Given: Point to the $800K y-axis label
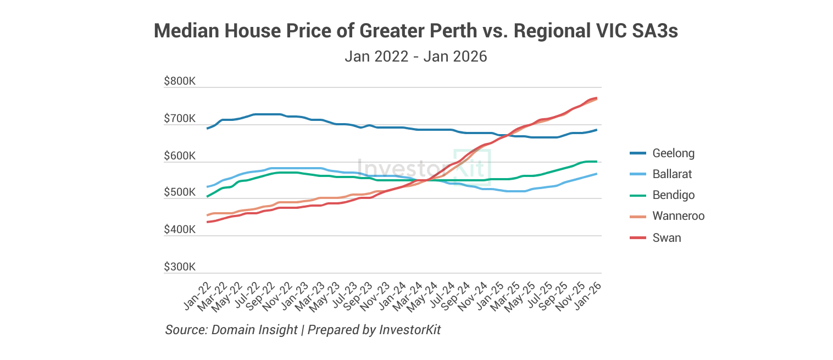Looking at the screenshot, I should coord(180,81).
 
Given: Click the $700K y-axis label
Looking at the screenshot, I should coord(180,119).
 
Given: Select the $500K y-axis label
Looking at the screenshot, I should coord(180,193).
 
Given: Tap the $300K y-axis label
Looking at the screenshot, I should coord(180,267).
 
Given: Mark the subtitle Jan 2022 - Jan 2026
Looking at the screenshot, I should coord(416,57).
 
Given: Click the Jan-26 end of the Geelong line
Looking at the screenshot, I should coord(597,130).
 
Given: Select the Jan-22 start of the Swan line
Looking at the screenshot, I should coord(207,222).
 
